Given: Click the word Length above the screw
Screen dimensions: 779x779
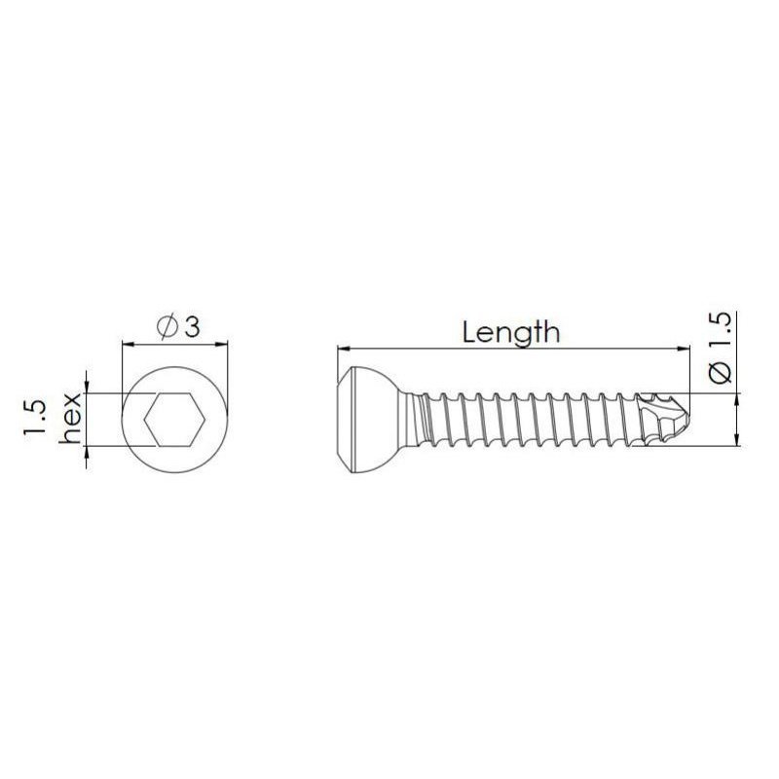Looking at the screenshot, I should click(511, 332).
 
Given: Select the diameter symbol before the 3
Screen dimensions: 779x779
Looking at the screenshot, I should click(166, 328).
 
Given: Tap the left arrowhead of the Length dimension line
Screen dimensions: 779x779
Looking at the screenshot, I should click(343, 347).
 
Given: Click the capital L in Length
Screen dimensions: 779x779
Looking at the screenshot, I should click(470, 332).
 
